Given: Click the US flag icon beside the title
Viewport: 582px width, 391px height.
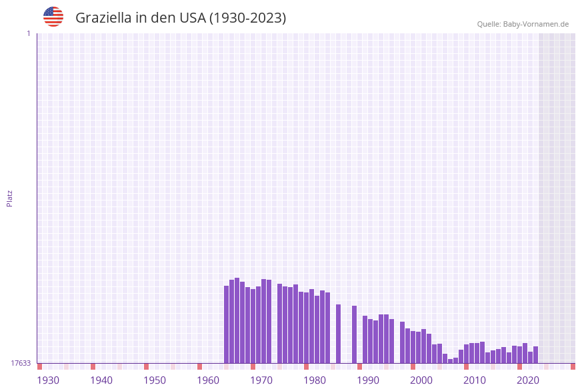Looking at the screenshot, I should (53, 17).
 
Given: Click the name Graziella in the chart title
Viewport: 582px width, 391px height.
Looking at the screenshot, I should (103, 18).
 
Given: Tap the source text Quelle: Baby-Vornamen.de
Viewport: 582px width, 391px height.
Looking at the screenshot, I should (523, 24).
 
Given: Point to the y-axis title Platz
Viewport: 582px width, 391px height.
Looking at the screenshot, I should (10, 198).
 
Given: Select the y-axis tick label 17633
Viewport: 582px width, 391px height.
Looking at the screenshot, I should (21, 363).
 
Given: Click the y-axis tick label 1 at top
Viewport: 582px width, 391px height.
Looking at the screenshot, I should (28, 33).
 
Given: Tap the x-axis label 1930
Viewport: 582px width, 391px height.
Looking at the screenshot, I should (48, 380).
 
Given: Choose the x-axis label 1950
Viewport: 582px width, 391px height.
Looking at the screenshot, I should (155, 380).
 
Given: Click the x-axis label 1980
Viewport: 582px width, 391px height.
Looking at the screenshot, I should (315, 380).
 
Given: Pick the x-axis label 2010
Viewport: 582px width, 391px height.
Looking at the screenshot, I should (475, 380).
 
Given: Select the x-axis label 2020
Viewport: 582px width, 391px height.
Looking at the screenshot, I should (528, 380).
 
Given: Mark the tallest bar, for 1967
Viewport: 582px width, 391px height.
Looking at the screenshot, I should (237, 320).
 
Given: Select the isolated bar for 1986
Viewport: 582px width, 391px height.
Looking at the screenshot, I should (338, 334).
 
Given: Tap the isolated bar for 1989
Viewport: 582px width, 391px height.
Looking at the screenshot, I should (354, 334).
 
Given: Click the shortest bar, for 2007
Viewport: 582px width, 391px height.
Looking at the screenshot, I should (450, 361).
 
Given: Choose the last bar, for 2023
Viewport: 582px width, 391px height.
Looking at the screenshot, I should (535, 354).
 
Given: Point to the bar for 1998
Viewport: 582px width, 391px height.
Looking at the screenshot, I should (402, 342).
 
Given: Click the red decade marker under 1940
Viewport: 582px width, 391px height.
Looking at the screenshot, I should (93, 366).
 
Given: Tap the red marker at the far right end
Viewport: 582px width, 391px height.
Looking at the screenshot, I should (573, 366).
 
